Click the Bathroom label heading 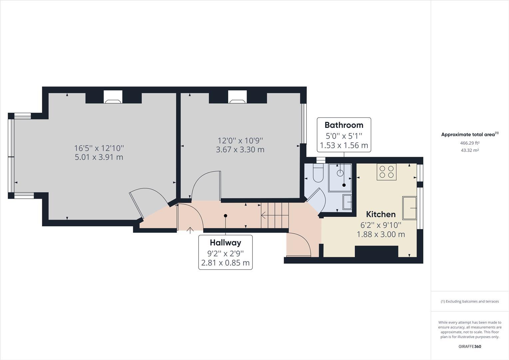[x=344, y=125]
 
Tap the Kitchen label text [x=381, y=214]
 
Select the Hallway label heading [x=225, y=243]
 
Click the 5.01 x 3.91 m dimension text [x=99, y=157]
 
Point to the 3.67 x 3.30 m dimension [x=240, y=150]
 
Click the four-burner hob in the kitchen [x=386, y=172]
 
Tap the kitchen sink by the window [x=409, y=208]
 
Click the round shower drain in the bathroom [x=340, y=173]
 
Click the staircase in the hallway [x=275, y=215]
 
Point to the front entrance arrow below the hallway [x=190, y=230]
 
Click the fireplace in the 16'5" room [x=113, y=97]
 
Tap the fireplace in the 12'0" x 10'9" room [x=238, y=97]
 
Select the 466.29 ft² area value [x=470, y=143]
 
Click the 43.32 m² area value [x=470, y=150]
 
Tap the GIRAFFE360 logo [x=470, y=346]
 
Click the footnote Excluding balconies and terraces [x=470, y=301]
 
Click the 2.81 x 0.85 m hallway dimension [x=225, y=263]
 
